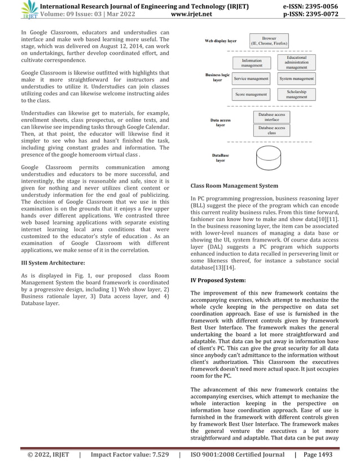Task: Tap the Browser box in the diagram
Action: pyautogui.click(x=269, y=41)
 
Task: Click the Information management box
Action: pyautogui.click(x=251, y=63)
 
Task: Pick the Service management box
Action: pyautogui.click(x=251, y=79)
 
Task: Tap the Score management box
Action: pyautogui.click(x=251, y=94)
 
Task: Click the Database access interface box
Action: pyautogui.click(x=271, y=117)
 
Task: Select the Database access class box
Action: pyautogui.click(x=271, y=131)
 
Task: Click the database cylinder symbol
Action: pyautogui.click(x=271, y=160)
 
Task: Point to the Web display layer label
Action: pyautogui.click(x=221, y=42)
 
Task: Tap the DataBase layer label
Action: pyautogui.click(x=221, y=157)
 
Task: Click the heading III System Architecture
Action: pyautogui.click(x=53, y=263)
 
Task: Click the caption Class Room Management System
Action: pyautogui.click(x=234, y=185)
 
